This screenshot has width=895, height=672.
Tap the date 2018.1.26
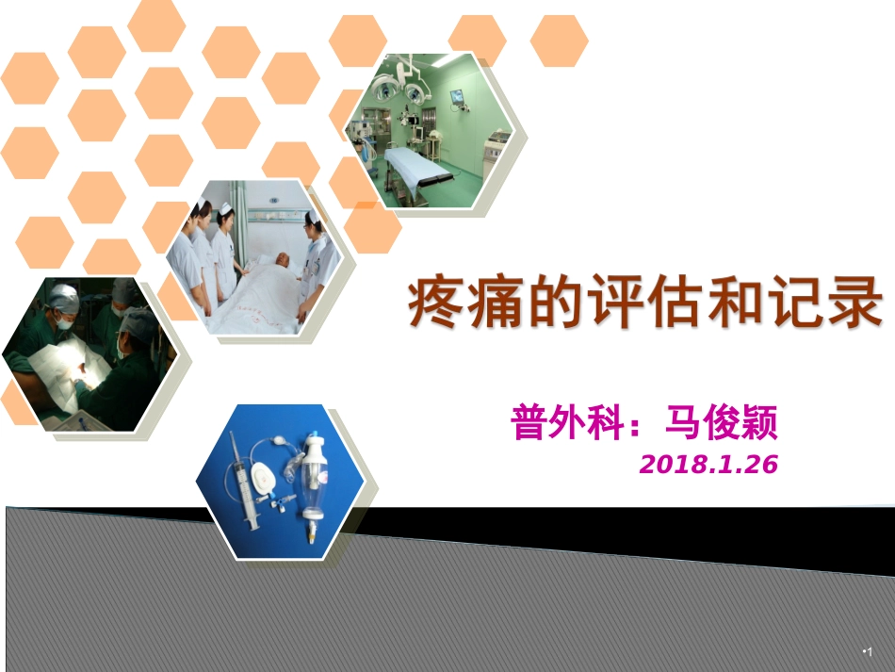(x=708, y=464)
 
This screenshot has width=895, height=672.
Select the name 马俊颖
(x=722, y=423)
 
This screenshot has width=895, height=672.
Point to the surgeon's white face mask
(x=64, y=322)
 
